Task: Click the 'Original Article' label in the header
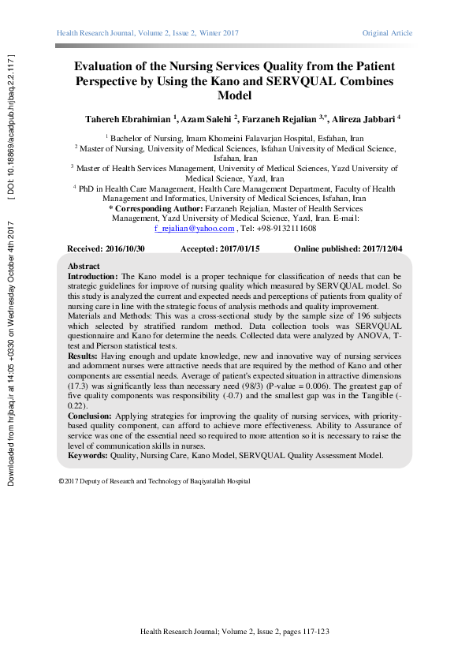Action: click(387, 33)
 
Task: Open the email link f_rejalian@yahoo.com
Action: click(195, 229)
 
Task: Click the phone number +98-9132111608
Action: click(287, 229)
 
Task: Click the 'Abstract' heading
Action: click(84, 267)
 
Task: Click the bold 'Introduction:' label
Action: click(92, 277)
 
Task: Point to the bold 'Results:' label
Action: click(84, 357)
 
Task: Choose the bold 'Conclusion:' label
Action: click(90, 415)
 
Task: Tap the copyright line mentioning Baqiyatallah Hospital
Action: click(154, 481)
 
